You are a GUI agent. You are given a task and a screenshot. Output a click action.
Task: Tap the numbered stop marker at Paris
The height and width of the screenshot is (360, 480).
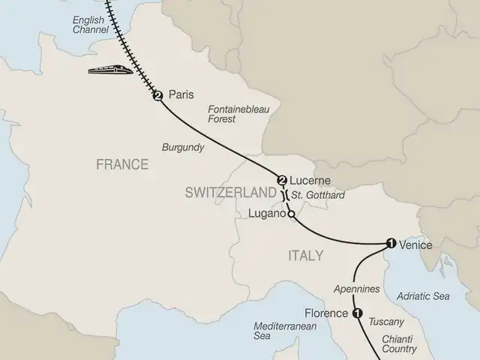[x=157, y=95]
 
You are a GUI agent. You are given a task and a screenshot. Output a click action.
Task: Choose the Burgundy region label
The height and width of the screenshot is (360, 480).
[x=183, y=148]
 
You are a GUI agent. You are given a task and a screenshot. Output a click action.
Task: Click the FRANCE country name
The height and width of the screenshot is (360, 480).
[x=121, y=164]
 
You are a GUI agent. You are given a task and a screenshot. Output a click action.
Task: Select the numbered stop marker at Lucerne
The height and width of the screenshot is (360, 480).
[x=282, y=180]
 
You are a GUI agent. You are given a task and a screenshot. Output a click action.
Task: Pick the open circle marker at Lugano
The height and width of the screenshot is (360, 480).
[x=290, y=217]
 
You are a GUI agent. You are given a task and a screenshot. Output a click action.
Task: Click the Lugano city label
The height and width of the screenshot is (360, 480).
[x=267, y=214]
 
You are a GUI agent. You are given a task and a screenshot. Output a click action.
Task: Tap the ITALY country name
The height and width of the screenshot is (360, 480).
[x=305, y=256]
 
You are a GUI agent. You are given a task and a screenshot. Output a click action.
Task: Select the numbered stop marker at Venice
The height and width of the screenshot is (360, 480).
[x=390, y=242]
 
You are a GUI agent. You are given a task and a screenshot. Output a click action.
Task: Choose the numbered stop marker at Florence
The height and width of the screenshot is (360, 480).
[x=357, y=313]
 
